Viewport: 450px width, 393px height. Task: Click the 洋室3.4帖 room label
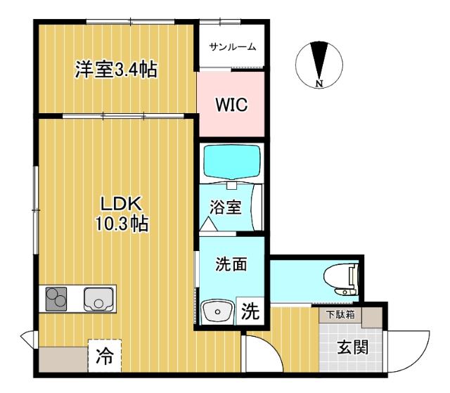116,70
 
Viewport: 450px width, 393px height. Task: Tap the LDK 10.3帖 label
122,214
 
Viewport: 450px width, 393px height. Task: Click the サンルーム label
233,47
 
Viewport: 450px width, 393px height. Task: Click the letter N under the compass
319,85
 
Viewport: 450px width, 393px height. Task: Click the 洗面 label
230,265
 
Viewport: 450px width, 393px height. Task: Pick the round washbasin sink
218,310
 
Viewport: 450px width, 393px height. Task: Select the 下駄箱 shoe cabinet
340,316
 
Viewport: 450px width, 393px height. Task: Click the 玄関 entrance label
352,347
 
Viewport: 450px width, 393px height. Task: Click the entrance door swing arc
411,349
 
